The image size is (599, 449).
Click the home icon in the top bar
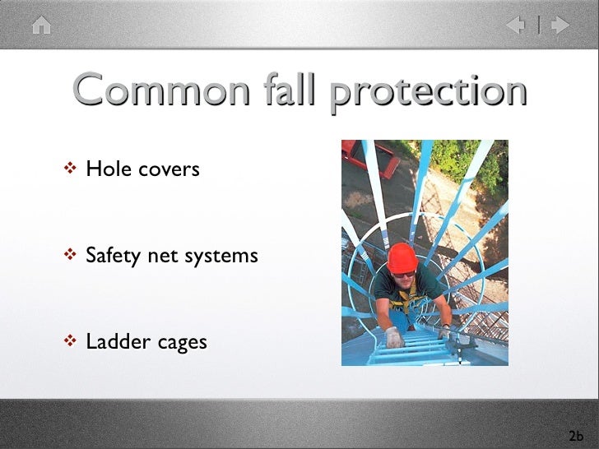point(41,25)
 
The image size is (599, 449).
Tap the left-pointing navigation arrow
point(516,25)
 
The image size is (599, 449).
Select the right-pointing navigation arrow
point(560,25)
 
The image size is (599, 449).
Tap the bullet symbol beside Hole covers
point(70,169)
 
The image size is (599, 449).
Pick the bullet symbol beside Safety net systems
point(70,255)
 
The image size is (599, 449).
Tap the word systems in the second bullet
point(221,257)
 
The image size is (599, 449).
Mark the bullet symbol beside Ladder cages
point(70,340)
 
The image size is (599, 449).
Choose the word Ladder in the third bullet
point(115,340)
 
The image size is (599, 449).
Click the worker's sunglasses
point(404,274)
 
